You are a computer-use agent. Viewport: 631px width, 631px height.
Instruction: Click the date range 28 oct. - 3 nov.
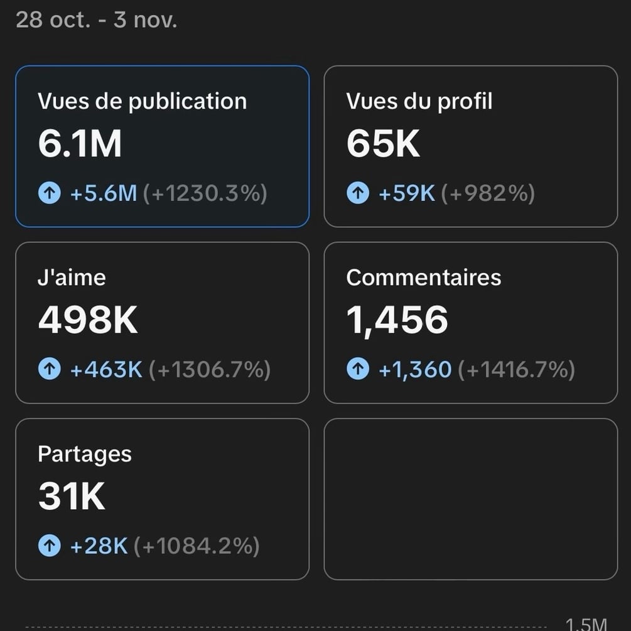[96, 20]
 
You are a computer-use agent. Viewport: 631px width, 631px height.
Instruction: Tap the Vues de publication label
[142, 101]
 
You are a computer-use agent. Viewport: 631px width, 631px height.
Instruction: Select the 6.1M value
[80, 144]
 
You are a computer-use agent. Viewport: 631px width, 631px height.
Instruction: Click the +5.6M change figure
[103, 193]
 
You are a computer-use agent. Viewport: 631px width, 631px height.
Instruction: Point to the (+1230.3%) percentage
[205, 193]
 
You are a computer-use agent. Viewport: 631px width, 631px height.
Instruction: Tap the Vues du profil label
[419, 101]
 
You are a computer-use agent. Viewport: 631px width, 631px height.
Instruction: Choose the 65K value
[383, 144]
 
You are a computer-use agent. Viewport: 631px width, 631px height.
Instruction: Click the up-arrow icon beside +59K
[358, 193]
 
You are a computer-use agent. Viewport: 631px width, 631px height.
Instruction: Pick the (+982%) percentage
[488, 193]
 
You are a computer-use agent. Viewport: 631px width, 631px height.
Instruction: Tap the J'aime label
[72, 278]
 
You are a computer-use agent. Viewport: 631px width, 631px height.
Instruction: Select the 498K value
[88, 320]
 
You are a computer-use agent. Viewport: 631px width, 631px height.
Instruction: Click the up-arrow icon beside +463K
[50, 370]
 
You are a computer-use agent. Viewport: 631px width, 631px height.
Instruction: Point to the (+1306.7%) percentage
[209, 370]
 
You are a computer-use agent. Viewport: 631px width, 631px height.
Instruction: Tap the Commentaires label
[424, 278]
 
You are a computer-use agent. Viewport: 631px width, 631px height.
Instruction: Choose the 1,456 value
[397, 320]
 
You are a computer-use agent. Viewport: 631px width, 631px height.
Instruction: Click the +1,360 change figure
[414, 370]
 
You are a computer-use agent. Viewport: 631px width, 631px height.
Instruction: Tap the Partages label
[85, 454]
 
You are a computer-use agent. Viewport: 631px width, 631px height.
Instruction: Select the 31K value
[72, 497]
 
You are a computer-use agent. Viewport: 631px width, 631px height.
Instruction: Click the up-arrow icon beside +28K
[50, 546]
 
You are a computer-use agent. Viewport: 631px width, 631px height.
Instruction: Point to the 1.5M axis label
[586, 624]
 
